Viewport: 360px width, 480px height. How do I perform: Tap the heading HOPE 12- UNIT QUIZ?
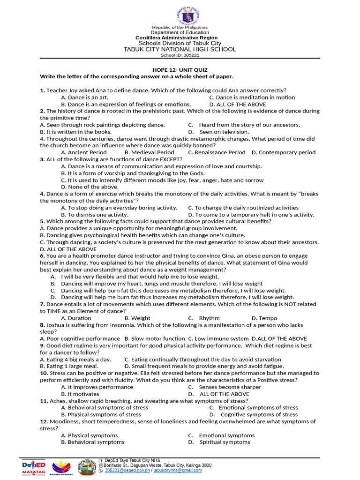coord(180,70)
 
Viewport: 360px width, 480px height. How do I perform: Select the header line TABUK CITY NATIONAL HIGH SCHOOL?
coord(180,49)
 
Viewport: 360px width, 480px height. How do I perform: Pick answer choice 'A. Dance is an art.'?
coord(85,97)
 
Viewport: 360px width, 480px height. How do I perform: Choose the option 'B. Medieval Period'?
coord(149,152)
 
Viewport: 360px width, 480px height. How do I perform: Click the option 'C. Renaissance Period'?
coord(217,152)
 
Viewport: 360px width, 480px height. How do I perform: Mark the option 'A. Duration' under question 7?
coord(76,318)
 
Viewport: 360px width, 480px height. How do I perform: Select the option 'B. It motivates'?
coord(80,394)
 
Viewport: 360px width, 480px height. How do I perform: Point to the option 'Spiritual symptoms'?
coord(225,442)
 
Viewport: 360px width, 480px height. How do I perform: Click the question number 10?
coord(43,373)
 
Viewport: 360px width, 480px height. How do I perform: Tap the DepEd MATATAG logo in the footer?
coord(34,467)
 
